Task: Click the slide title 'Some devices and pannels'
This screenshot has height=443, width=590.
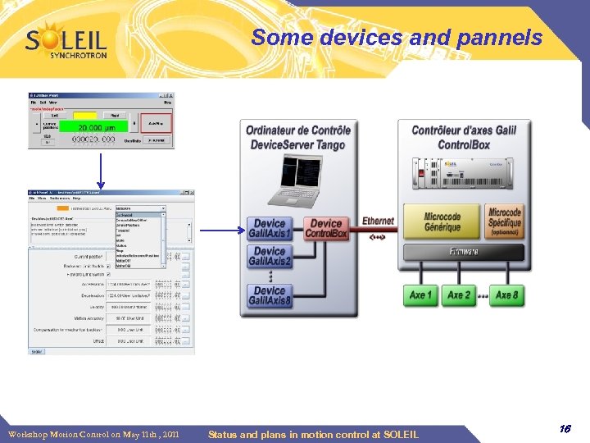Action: coord(397,38)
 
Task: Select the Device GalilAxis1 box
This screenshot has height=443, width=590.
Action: coord(270,229)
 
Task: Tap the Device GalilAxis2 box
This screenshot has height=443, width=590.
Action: coord(270,257)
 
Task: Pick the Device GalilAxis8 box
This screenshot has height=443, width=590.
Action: coord(270,296)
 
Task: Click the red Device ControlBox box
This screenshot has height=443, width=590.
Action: coord(326,229)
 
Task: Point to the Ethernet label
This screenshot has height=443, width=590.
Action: coord(378,221)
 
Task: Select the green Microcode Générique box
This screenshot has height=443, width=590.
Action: coord(442,221)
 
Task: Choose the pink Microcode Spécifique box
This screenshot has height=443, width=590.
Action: coord(504,221)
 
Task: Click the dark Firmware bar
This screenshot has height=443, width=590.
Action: coord(463,252)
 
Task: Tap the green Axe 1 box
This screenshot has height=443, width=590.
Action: coord(421,295)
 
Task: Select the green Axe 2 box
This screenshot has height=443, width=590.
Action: coord(459,295)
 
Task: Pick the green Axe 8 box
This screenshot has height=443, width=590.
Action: coord(507,295)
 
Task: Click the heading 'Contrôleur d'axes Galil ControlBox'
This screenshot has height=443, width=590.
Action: coord(463,137)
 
